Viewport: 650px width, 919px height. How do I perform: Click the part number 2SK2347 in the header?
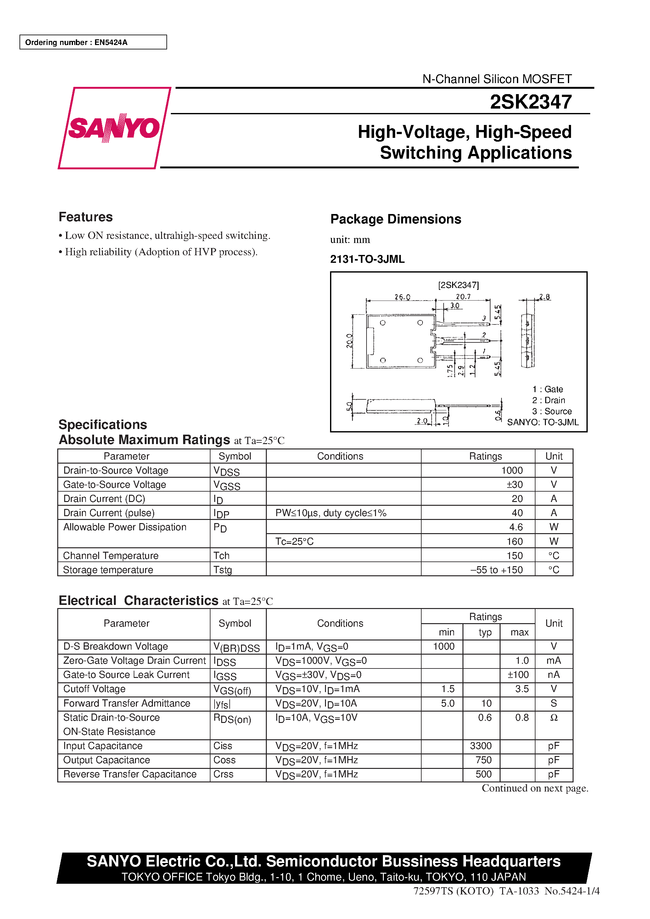[x=530, y=102]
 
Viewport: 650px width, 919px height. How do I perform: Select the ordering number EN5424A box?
[x=93, y=42]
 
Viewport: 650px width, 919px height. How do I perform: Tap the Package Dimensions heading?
[x=395, y=219]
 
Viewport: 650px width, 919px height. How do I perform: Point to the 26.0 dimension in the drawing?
[x=402, y=297]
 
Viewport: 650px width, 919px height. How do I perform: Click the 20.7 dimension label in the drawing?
[x=463, y=296]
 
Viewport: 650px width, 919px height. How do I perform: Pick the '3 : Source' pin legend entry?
[x=552, y=411]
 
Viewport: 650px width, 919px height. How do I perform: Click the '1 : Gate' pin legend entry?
[x=547, y=389]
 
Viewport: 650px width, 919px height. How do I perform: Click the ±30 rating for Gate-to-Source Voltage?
[x=514, y=484]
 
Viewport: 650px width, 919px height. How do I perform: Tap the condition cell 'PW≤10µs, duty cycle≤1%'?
[x=331, y=513]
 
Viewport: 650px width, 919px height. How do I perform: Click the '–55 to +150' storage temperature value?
[x=496, y=570]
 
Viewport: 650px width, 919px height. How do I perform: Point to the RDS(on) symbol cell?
[x=232, y=719]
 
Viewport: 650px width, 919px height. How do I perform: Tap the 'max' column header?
[x=519, y=632]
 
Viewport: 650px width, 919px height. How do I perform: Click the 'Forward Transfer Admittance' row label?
[x=126, y=703]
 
